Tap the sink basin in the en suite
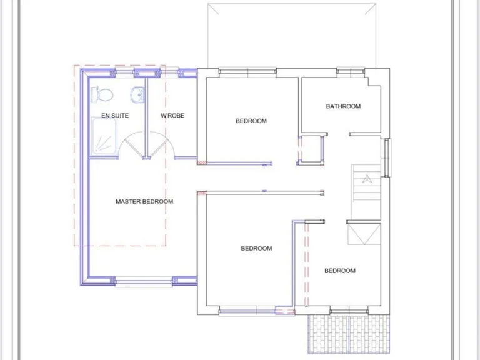pyautogui.click(x=137, y=94)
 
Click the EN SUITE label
pyautogui.click(x=115, y=116)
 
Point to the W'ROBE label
pyautogui.click(x=172, y=116)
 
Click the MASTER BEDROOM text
pyautogui.click(x=144, y=202)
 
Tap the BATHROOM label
pyautogui.click(x=343, y=106)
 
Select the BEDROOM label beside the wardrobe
pyautogui.click(x=251, y=121)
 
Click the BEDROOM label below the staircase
pyautogui.click(x=340, y=271)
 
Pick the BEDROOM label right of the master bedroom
pyautogui.click(x=257, y=249)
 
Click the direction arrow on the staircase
pyautogui.click(x=366, y=178)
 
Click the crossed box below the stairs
pyautogui.click(x=364, y=237)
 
